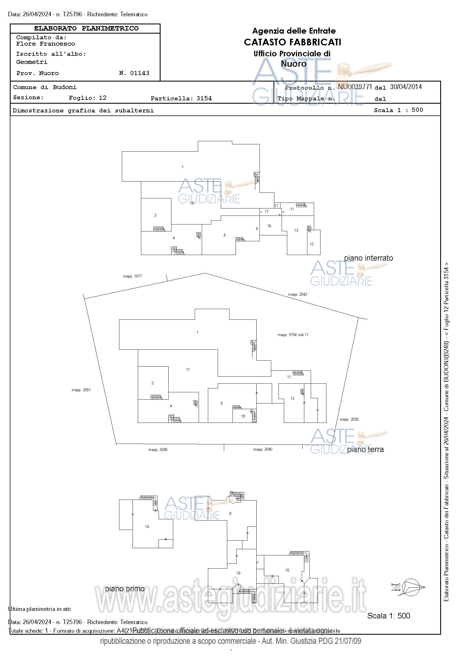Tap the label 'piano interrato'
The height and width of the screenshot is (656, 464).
pos(368,258)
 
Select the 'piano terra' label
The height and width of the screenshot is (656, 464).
pos(365,449)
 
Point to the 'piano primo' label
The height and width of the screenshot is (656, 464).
pos(125,588)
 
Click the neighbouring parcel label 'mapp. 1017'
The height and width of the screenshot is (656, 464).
pos(132,276)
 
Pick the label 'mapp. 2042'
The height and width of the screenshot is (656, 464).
pos(298,294)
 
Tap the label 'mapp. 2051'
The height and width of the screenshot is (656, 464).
pos(81,390)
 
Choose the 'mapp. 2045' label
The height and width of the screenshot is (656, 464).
pos(158,450)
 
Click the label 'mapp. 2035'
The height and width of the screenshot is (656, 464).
pos(349,419)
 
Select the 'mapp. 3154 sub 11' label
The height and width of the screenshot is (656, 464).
pos(293,335)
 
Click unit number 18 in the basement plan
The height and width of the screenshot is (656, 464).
pos(192,203)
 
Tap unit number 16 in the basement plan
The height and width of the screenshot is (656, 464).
pos(269,226)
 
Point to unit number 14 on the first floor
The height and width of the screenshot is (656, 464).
pos(147,527)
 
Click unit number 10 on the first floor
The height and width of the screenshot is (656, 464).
pos(287,570)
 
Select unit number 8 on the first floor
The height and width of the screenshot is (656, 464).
pos(230,513)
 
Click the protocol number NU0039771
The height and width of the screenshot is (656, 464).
pos(355,87)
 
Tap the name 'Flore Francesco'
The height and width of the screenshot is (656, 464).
pos(46,44)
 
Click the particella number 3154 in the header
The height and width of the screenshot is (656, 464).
pos(204,99)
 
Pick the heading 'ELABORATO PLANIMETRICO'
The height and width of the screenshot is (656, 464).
pos(86,29)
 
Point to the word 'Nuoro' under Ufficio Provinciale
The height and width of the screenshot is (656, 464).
pos(293,64)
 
